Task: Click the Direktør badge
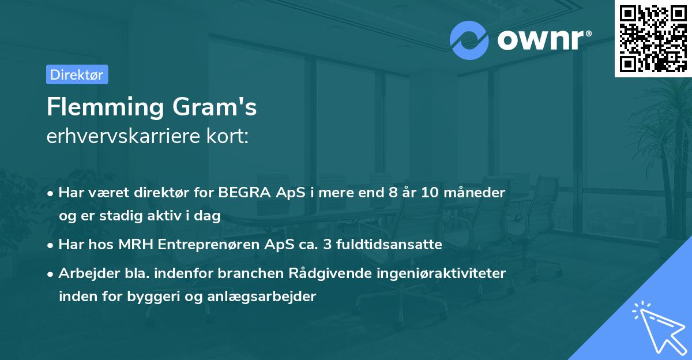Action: coord(77,74)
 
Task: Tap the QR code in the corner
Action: coord(653,38)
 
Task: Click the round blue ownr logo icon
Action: coord(469,40)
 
